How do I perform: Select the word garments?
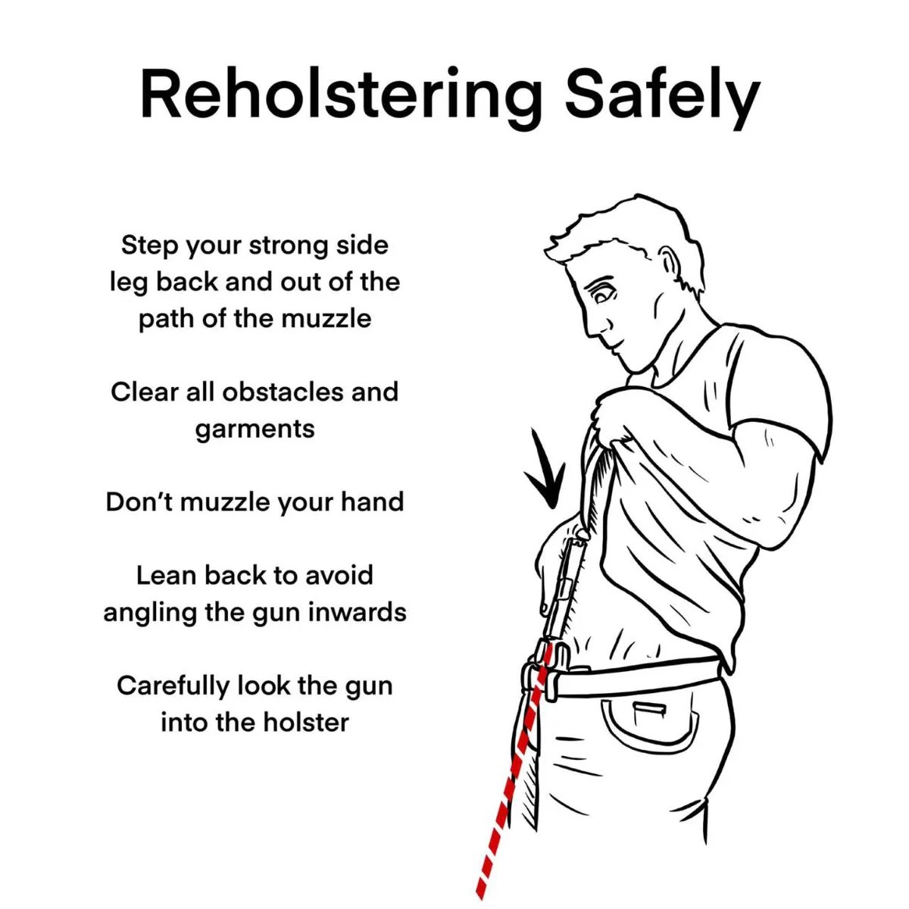pyautogui.click(x=255, y=430)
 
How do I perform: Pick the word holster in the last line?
pyautogui.click(x=301, y=722)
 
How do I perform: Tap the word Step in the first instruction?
pyautogui.click(x=148, y=245)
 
